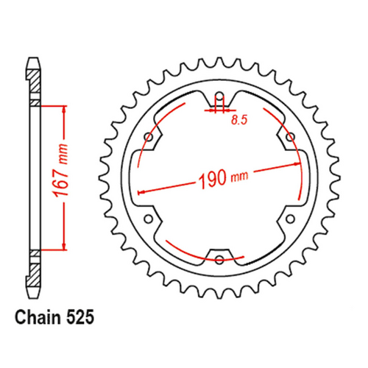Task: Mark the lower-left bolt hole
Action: point(149,219)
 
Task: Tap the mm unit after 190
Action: point(241,177)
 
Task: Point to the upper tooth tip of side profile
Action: point(32,58)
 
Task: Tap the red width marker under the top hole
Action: point(219,111)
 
